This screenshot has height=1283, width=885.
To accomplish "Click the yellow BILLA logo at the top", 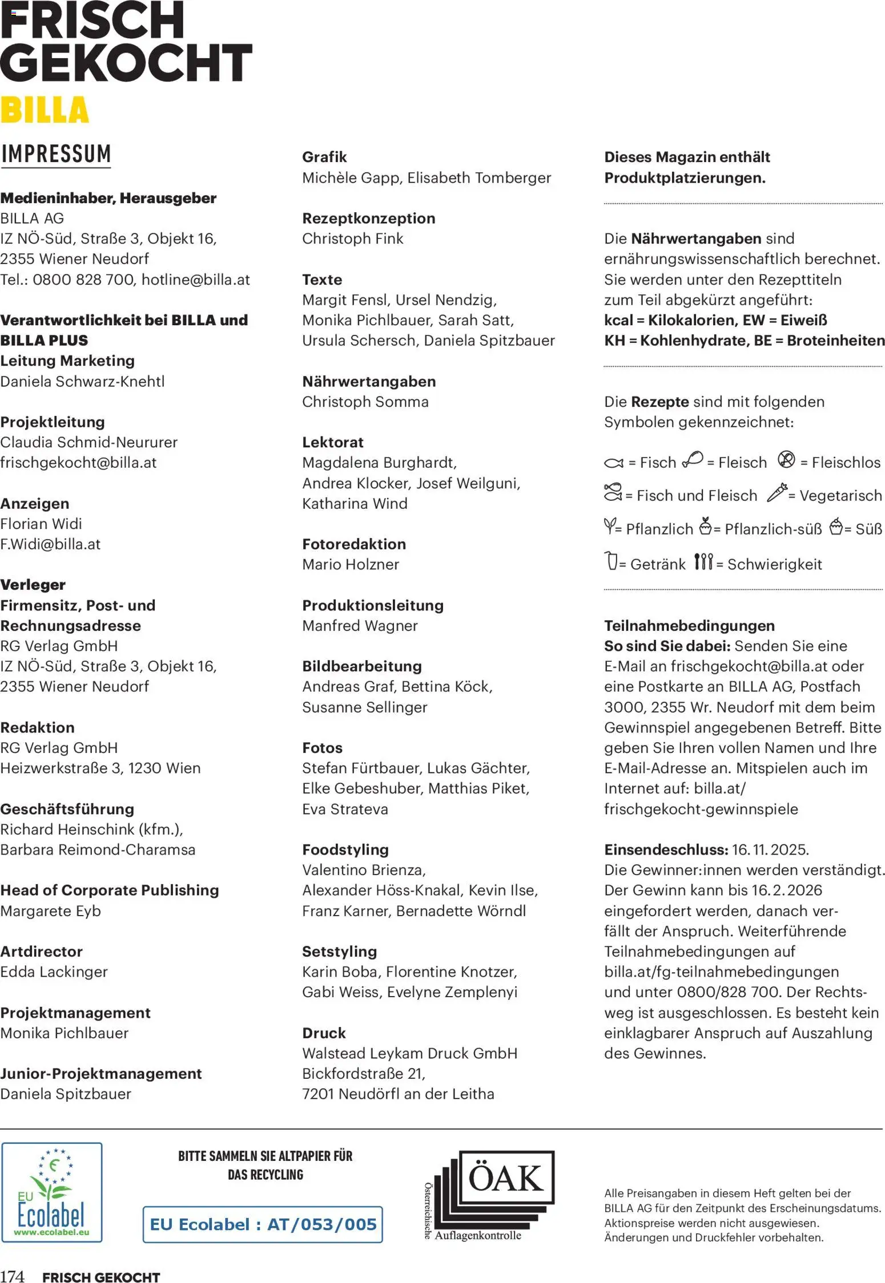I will tap(45, 110).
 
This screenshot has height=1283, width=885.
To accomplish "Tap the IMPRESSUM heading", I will tap(56, 154).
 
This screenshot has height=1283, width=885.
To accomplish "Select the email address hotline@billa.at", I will tap(195, 280).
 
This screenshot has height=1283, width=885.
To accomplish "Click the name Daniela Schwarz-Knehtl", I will tap(82, 381).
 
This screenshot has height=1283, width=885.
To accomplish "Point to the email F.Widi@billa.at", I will tap(50, 544).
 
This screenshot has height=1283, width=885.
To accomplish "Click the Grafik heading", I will tap(324, 157).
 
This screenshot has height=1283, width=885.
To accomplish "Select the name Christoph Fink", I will tap(352, 238).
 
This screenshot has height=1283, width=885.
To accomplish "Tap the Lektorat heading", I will tap(333, 442).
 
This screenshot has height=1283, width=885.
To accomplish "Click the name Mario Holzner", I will tap(351, 564).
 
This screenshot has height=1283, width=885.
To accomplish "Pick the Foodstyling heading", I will tap(345, 849).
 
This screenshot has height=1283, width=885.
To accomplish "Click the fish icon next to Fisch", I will tap(614, 463).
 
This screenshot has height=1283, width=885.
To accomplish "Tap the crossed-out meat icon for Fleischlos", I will tap(786, 459).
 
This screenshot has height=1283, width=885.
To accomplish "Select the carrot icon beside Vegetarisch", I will tap(777, 492).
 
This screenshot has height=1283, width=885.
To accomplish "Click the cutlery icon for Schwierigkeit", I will tap(703, 562).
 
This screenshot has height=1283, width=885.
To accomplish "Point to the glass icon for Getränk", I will tap(611, 561).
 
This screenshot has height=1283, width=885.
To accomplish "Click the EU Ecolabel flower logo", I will tap(52, 1192).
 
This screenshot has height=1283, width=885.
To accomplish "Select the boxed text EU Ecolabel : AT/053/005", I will tap(263, 1224).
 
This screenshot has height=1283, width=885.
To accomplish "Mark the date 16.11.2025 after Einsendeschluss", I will tap(769, 849).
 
